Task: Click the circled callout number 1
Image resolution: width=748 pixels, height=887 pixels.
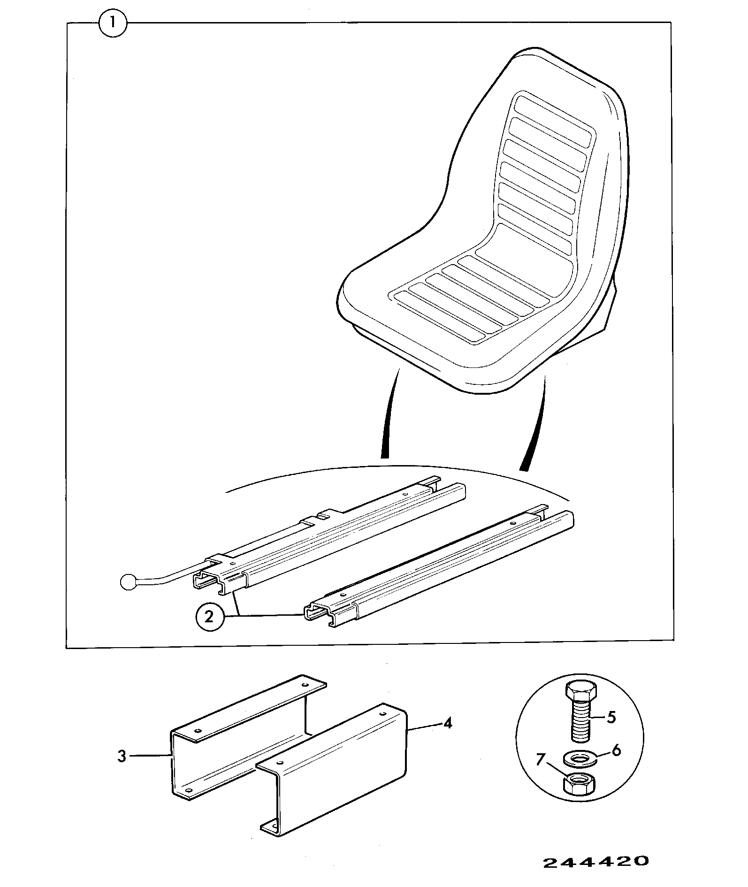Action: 113,23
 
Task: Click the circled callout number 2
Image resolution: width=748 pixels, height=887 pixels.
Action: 209,616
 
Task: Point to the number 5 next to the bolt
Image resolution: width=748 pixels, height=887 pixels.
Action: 611,718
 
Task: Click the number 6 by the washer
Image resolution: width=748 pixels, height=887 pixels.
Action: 617,750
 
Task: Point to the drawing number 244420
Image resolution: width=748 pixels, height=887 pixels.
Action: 596,862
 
